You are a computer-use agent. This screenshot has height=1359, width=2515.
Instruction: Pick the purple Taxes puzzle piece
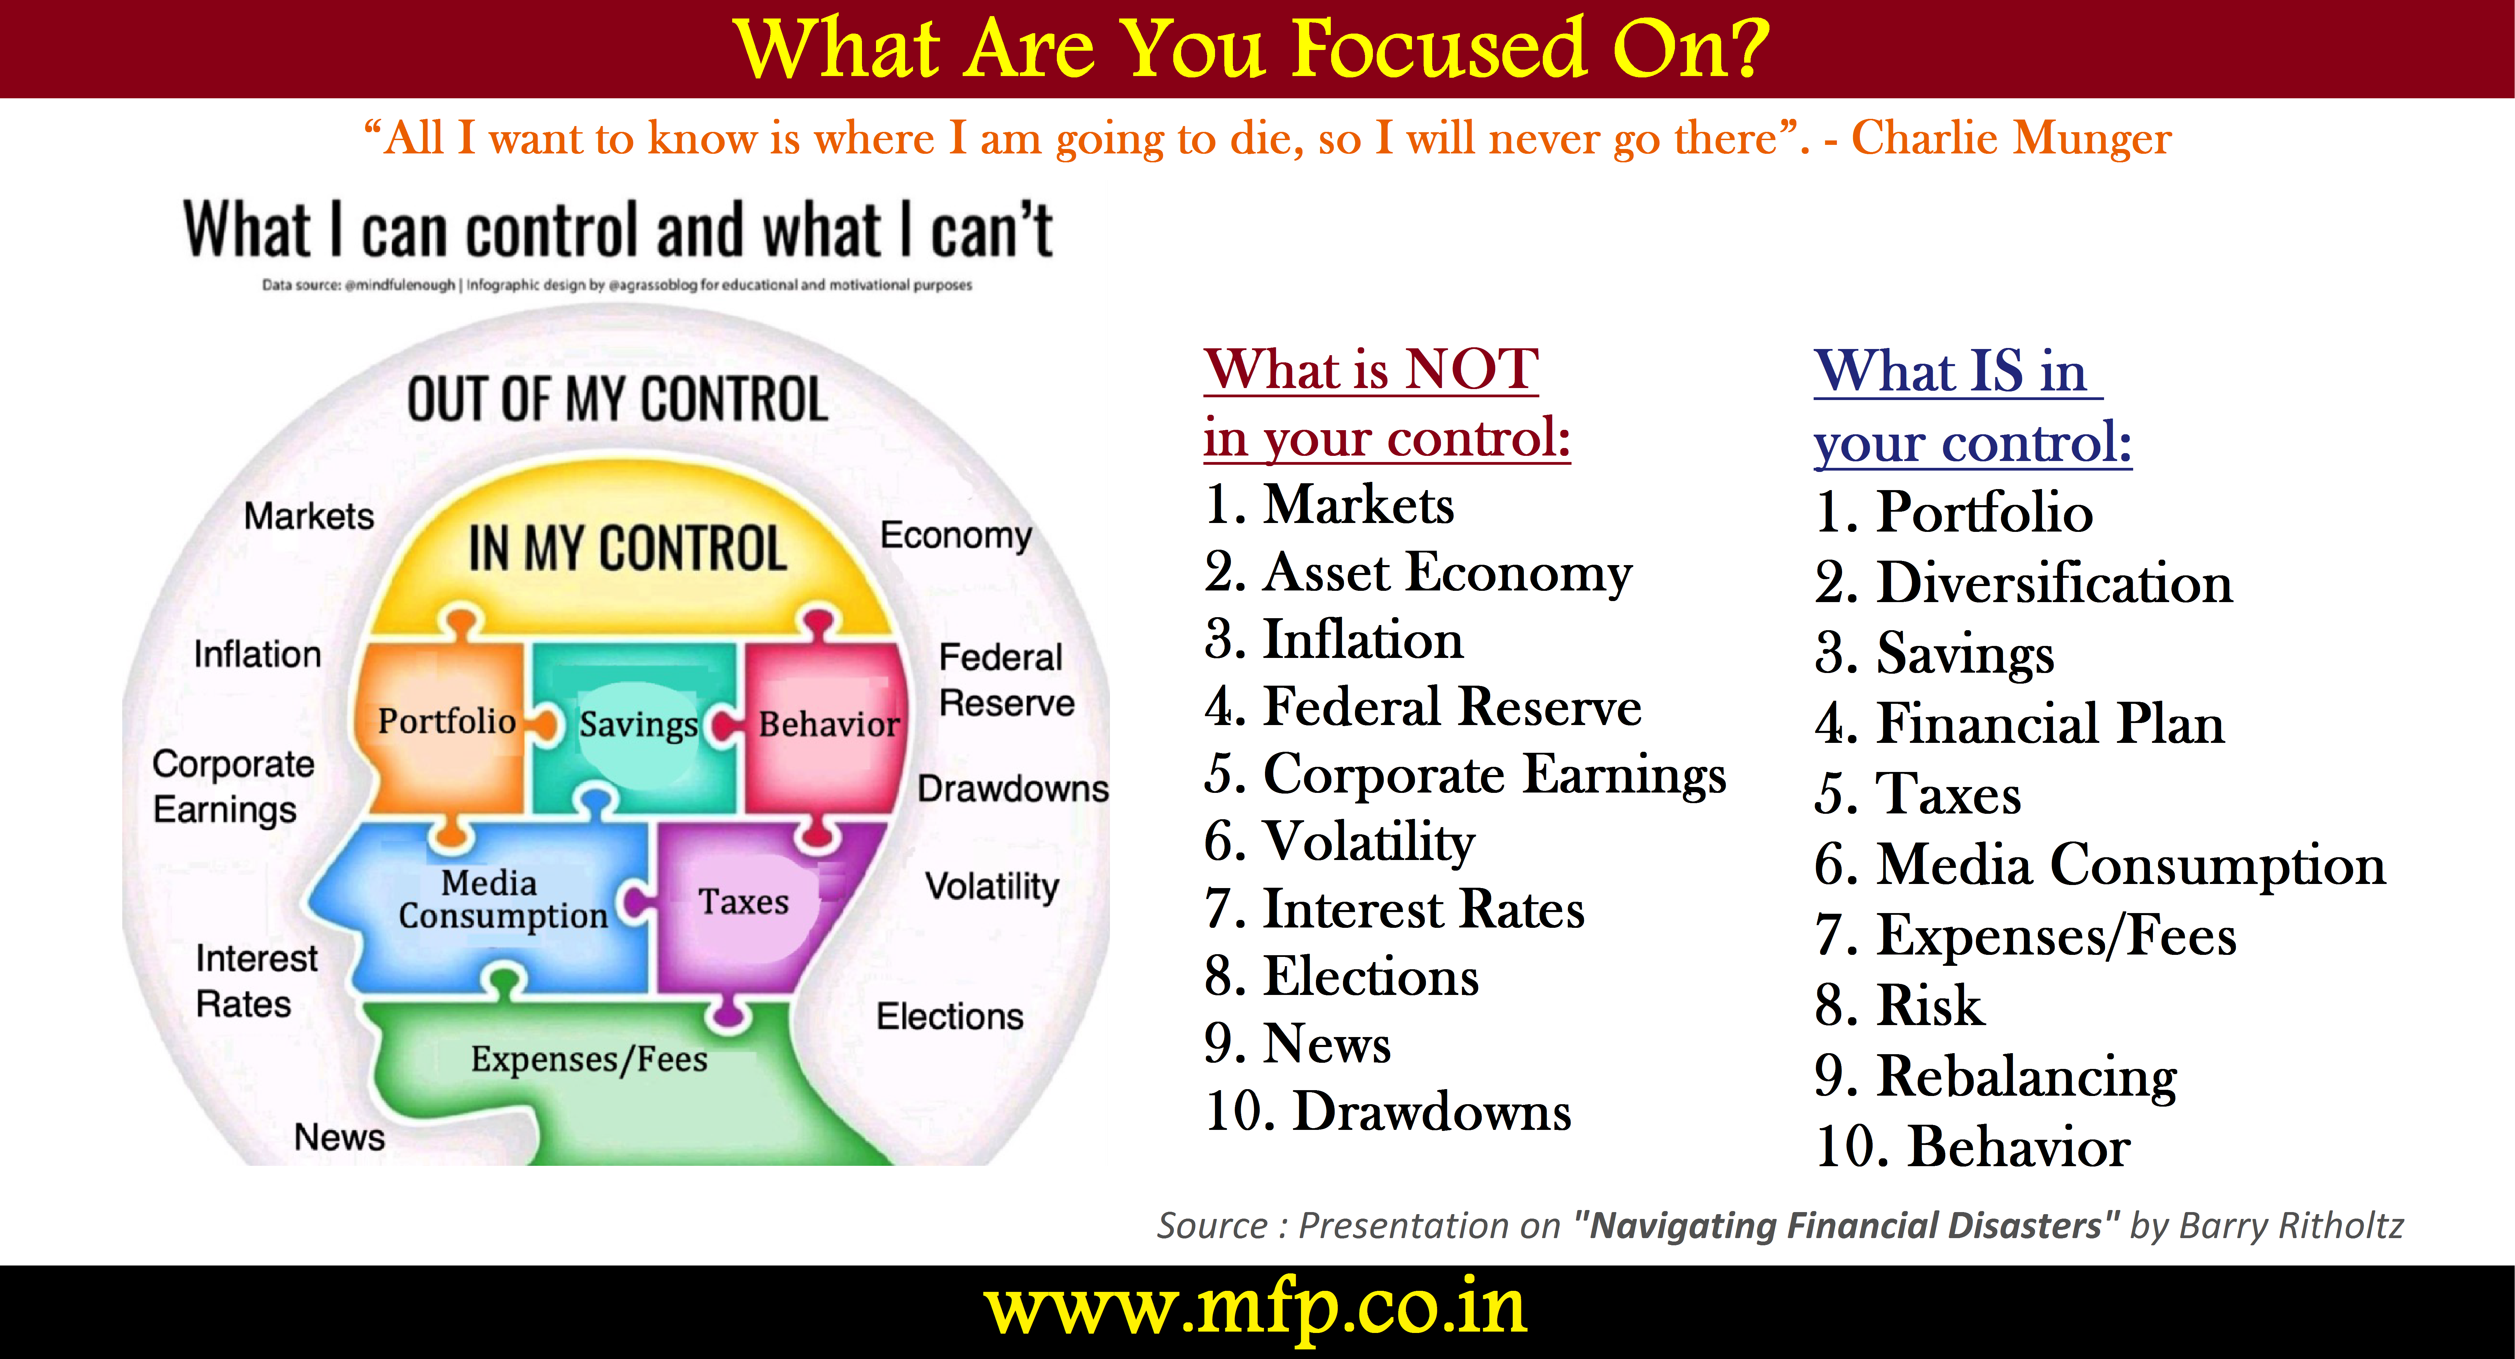point(752,903)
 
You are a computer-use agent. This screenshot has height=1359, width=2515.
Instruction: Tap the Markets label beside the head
point(309,515)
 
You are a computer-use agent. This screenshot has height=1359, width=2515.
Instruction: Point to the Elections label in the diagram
point(949,1016)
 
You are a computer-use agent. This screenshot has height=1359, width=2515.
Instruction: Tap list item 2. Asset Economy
point(1418,573)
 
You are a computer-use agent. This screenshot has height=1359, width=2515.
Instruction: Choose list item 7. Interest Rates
point(1394,909)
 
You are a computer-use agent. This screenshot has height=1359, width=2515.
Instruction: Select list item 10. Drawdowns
point(1387,1112)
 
